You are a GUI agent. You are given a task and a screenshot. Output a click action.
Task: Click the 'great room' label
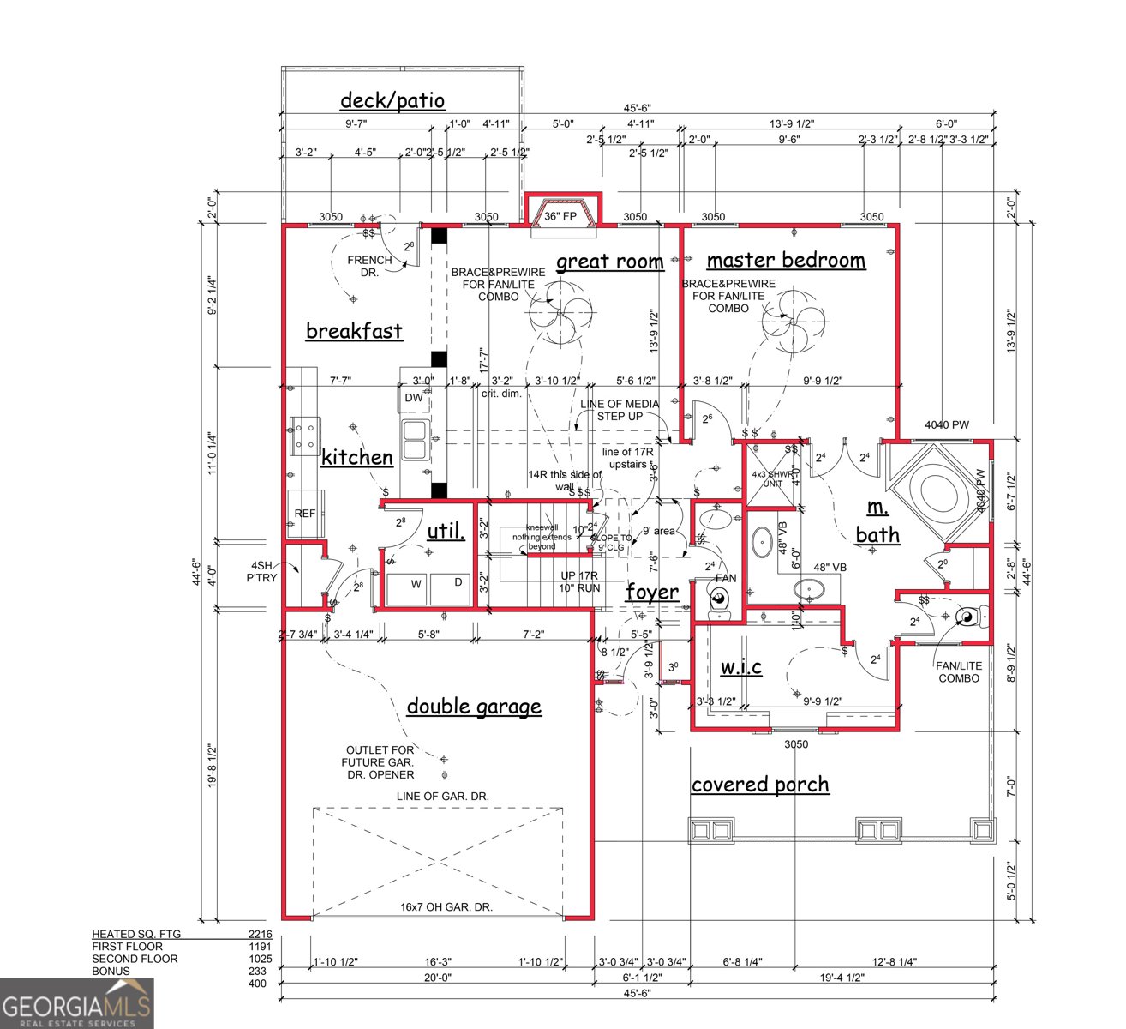[609, 262]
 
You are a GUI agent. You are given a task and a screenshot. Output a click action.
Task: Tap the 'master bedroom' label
[785, 260]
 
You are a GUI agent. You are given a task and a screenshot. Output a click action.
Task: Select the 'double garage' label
[473, 707]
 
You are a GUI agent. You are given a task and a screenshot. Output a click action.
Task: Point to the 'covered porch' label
[759, 785]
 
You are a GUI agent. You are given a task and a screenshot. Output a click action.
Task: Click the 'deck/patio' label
[392, 100]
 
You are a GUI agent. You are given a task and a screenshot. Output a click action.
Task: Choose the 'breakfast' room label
[354, 331]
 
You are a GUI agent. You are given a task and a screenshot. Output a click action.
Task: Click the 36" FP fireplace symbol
[562, 215]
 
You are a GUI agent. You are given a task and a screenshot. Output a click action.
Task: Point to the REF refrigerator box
[305, 514]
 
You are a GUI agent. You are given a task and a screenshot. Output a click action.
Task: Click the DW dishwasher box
[414, 398]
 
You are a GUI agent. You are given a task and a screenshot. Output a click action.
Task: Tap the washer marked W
[416, 585]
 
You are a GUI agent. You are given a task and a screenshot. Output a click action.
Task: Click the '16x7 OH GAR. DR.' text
[446, 906]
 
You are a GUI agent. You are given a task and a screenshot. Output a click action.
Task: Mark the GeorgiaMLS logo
[76, 1003]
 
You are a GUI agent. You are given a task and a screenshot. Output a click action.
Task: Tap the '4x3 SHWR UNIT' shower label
[769, 478]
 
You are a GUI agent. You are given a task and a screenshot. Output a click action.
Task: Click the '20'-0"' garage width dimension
[437, 977]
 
